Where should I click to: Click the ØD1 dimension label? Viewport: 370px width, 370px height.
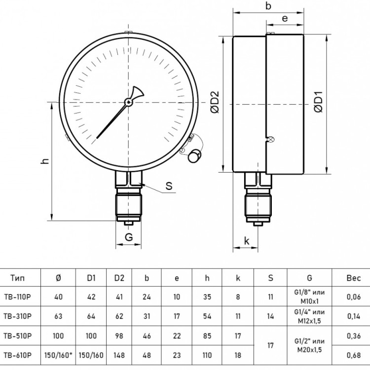tap(319, 102)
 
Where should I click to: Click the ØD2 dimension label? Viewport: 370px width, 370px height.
tap(215, 102)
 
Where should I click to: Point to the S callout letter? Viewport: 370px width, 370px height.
tap(169, 185)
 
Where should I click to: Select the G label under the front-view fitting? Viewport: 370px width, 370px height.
tap(129, 237)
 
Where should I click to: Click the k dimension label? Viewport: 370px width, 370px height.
tap(247, 241)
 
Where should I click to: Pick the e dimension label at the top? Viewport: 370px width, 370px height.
tap(285, 18)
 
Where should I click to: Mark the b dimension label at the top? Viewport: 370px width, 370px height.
tap(268, 6)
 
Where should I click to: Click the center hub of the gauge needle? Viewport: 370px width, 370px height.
tap(128, 102)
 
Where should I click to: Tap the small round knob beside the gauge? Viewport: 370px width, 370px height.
tap(195, 156)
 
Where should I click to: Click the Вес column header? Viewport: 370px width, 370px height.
tap(354, 278)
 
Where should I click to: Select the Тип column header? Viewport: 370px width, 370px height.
tap(17, 278)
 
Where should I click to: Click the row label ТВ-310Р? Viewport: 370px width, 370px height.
tap(17, 316)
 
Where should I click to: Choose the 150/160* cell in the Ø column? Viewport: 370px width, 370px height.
tap(58, 355)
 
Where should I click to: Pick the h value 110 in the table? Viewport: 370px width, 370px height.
tap(207, 355)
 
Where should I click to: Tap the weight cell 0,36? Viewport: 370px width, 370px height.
tap(354, 335)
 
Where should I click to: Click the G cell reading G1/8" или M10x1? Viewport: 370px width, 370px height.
tap(309, 296)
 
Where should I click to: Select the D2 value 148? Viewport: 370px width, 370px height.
tap(119, 355)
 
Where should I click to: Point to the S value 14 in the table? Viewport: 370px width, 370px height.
tap(270, 316)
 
